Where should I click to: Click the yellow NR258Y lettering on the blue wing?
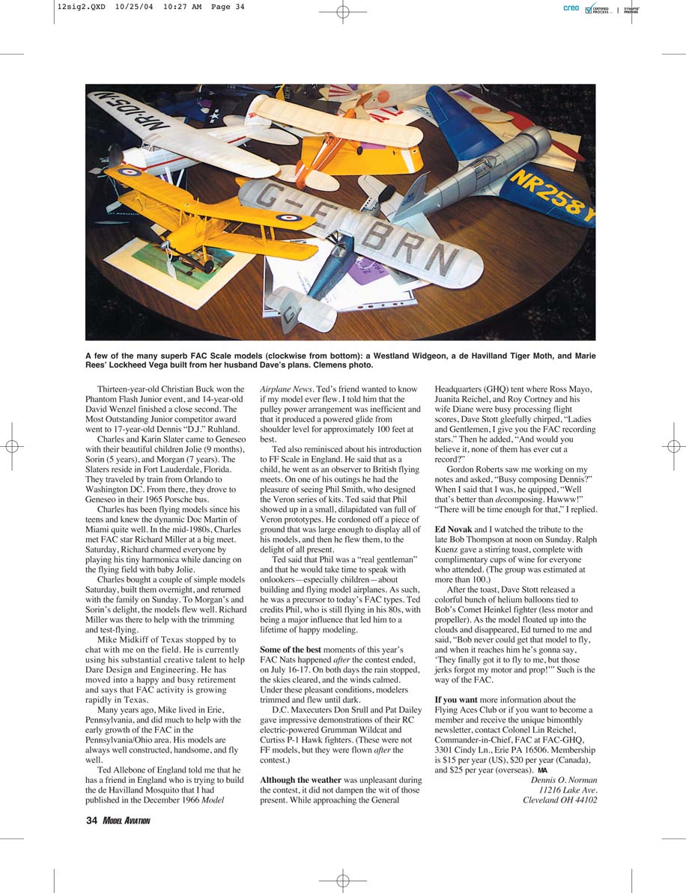(x=554, y=196)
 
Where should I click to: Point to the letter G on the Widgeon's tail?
(x=289, y=314)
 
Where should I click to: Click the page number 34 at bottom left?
(x=91, y=820)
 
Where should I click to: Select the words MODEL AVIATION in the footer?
(x=127, y=821)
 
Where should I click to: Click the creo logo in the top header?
(x=571, y=9)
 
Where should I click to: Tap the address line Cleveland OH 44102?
(x=559, y=799)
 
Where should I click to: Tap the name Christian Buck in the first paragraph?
(x=196, y=389)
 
